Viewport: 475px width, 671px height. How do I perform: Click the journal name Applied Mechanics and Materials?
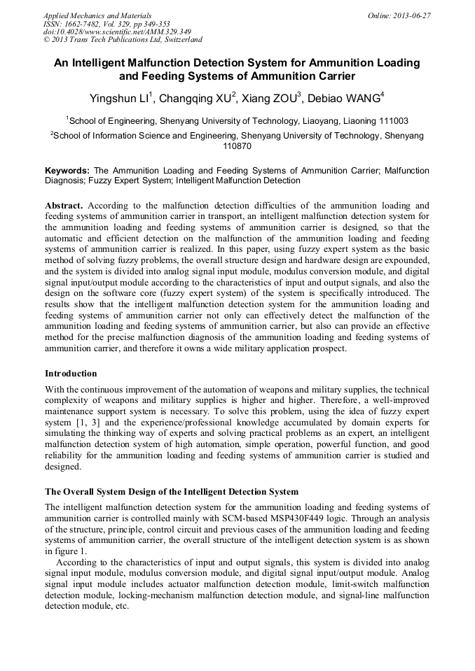[x=97, y=15]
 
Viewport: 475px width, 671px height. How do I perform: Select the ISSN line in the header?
[x=106, y=24]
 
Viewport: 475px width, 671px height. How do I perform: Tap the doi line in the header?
[x=117, y=32]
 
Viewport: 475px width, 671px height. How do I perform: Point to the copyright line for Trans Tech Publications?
[x=123, y=41]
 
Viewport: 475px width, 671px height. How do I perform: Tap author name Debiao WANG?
[x=345, y=97]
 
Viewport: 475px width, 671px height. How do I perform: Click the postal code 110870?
[x=237, y=147]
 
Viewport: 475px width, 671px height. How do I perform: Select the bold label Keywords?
[x=67, y=171]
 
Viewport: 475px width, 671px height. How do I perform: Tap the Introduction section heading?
[x=71, y=374]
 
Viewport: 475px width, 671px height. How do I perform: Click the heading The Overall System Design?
[x=172, y=492]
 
